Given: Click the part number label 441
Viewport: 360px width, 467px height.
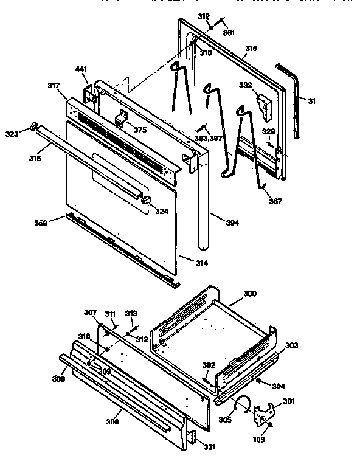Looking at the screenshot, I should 81,71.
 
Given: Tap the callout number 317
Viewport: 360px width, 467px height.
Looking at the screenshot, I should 53,87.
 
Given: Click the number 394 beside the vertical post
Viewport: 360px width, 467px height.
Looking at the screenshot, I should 216,223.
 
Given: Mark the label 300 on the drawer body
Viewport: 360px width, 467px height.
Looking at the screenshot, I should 250,294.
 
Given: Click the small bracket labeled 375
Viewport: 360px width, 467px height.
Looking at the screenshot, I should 123,117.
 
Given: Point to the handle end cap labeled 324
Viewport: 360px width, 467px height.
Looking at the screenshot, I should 147,201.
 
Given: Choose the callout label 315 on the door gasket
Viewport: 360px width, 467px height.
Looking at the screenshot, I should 251,48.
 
